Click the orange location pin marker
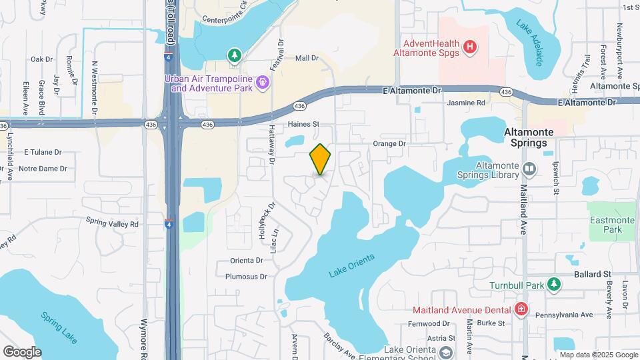[321, 159]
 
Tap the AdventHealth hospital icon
[471, 46]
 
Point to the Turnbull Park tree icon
[553, 285]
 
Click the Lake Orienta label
[352, 265]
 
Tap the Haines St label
[304, 124]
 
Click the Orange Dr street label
[389, 143]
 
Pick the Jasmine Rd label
[466, 103]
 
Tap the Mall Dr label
[307, 59]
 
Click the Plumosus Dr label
[246, 276]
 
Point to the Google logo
[22, 352]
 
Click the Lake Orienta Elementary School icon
[445, 351]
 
